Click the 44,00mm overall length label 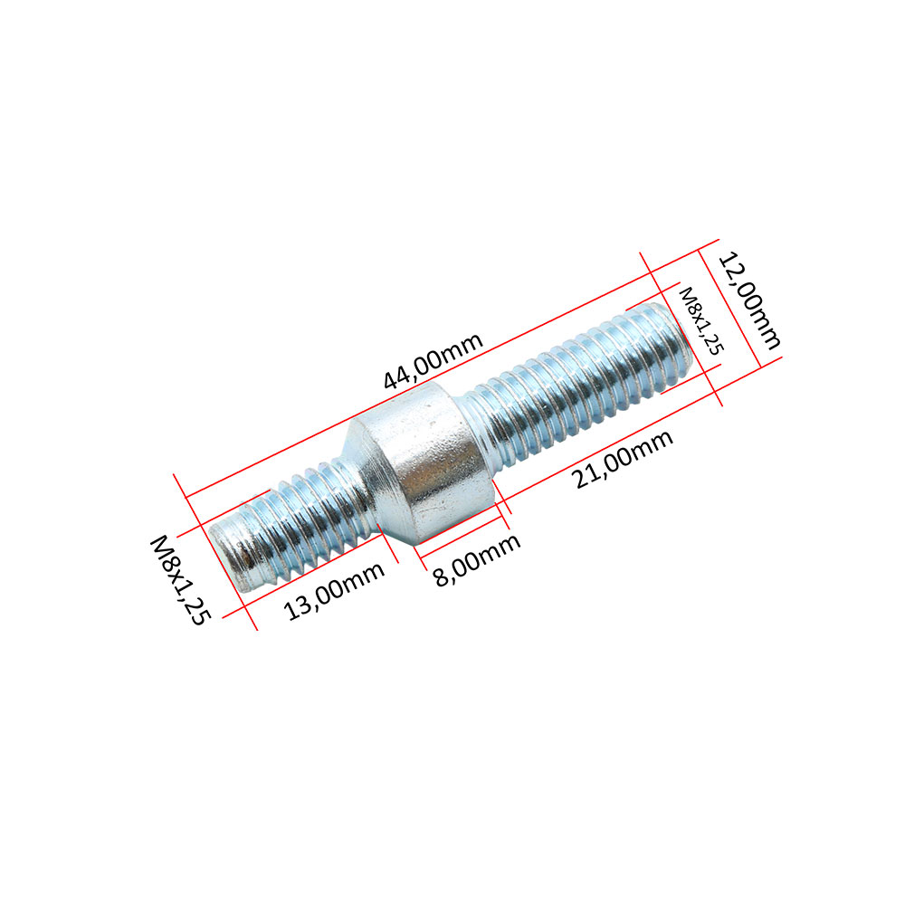433,361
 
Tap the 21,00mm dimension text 624,460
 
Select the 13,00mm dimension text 334,591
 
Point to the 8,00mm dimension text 477,559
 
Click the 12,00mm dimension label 749,300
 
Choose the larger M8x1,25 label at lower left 180,580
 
